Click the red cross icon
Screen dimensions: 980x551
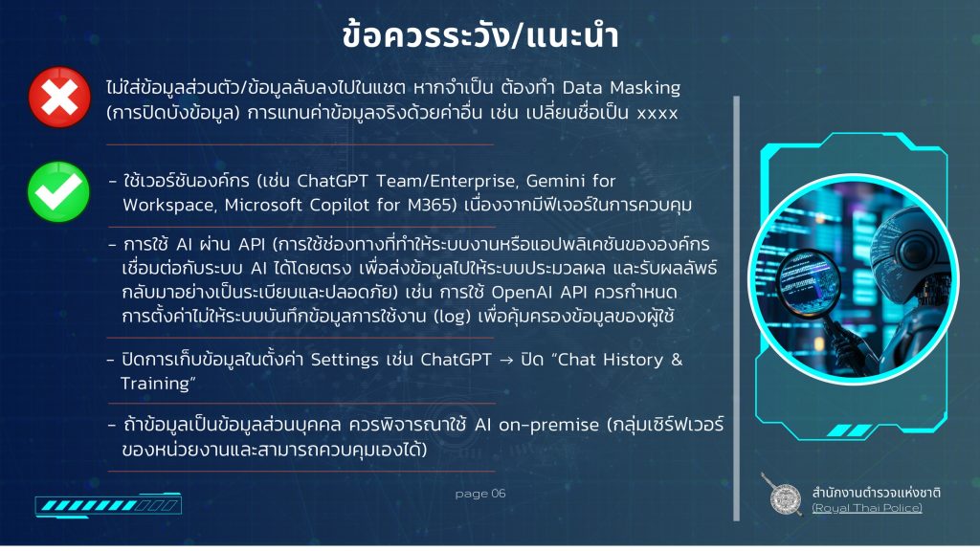[59, 98]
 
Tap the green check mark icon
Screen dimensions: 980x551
[58, 191]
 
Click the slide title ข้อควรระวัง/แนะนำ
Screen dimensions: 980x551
[480, 35]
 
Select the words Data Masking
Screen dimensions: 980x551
[621, 87]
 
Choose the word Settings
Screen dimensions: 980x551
[345, 361]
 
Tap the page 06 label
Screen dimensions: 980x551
[480, 494]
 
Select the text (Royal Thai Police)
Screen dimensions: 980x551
[867, 508]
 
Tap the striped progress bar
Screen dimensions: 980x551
[108, 505]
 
